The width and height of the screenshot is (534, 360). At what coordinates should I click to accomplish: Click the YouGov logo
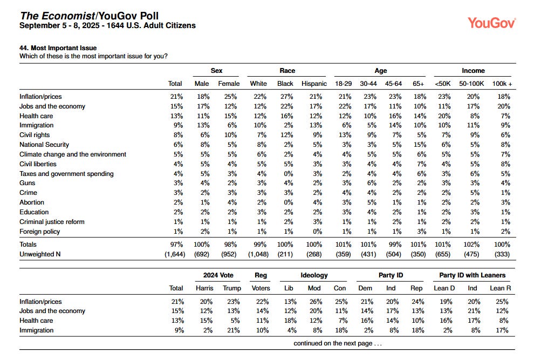491,23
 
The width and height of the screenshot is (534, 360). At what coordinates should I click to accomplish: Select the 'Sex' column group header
216,71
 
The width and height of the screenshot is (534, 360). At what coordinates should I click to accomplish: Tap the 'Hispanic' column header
314,84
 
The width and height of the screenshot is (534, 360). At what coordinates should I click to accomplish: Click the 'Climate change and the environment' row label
73,154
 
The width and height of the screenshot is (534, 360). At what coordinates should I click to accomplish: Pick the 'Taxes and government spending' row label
66,174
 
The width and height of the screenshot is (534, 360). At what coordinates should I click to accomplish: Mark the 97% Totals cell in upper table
177,244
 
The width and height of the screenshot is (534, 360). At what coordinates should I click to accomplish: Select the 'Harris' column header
203,288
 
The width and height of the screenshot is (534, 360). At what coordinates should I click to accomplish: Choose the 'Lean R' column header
500,288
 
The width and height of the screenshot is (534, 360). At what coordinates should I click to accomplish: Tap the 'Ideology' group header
314,275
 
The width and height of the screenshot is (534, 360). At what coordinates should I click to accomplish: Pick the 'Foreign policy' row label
40,232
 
